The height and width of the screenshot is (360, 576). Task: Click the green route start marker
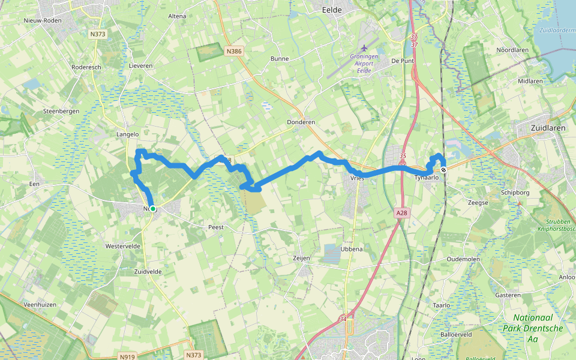click(153, 209)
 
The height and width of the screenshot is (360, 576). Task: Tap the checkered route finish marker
click(443, 170)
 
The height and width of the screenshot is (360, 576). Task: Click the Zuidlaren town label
click(548, 128)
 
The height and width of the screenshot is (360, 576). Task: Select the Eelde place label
click(331, 10)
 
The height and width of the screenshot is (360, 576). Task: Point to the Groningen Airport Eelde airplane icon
click(364, 47)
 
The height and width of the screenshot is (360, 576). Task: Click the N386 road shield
click(234, 52)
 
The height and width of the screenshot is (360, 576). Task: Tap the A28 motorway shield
click(401, 213)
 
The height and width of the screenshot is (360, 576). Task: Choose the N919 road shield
click(127, 357)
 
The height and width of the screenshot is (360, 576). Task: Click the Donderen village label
click(301, 122)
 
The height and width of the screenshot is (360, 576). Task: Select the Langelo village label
click(127, 134)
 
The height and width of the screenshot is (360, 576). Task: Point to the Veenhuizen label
click(39, 305)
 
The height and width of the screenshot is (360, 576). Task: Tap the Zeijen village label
click(301, 258)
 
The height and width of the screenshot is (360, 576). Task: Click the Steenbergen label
click(61, 112)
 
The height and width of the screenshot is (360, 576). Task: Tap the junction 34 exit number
click(343, 319)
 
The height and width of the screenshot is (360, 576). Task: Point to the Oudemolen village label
click(463, 259)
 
